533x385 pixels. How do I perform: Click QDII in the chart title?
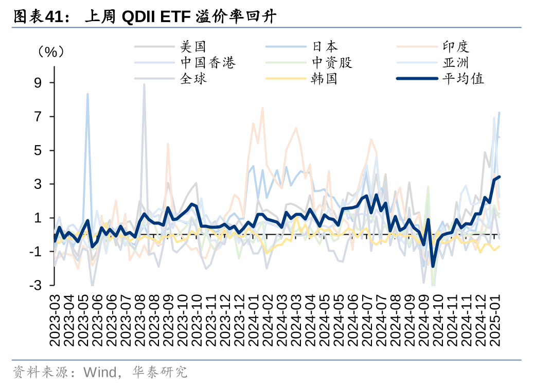[x=138, y=17]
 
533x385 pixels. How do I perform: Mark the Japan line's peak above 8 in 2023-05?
[x=87, y=94]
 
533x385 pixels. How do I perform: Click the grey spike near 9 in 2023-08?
[x=144, y=84]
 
